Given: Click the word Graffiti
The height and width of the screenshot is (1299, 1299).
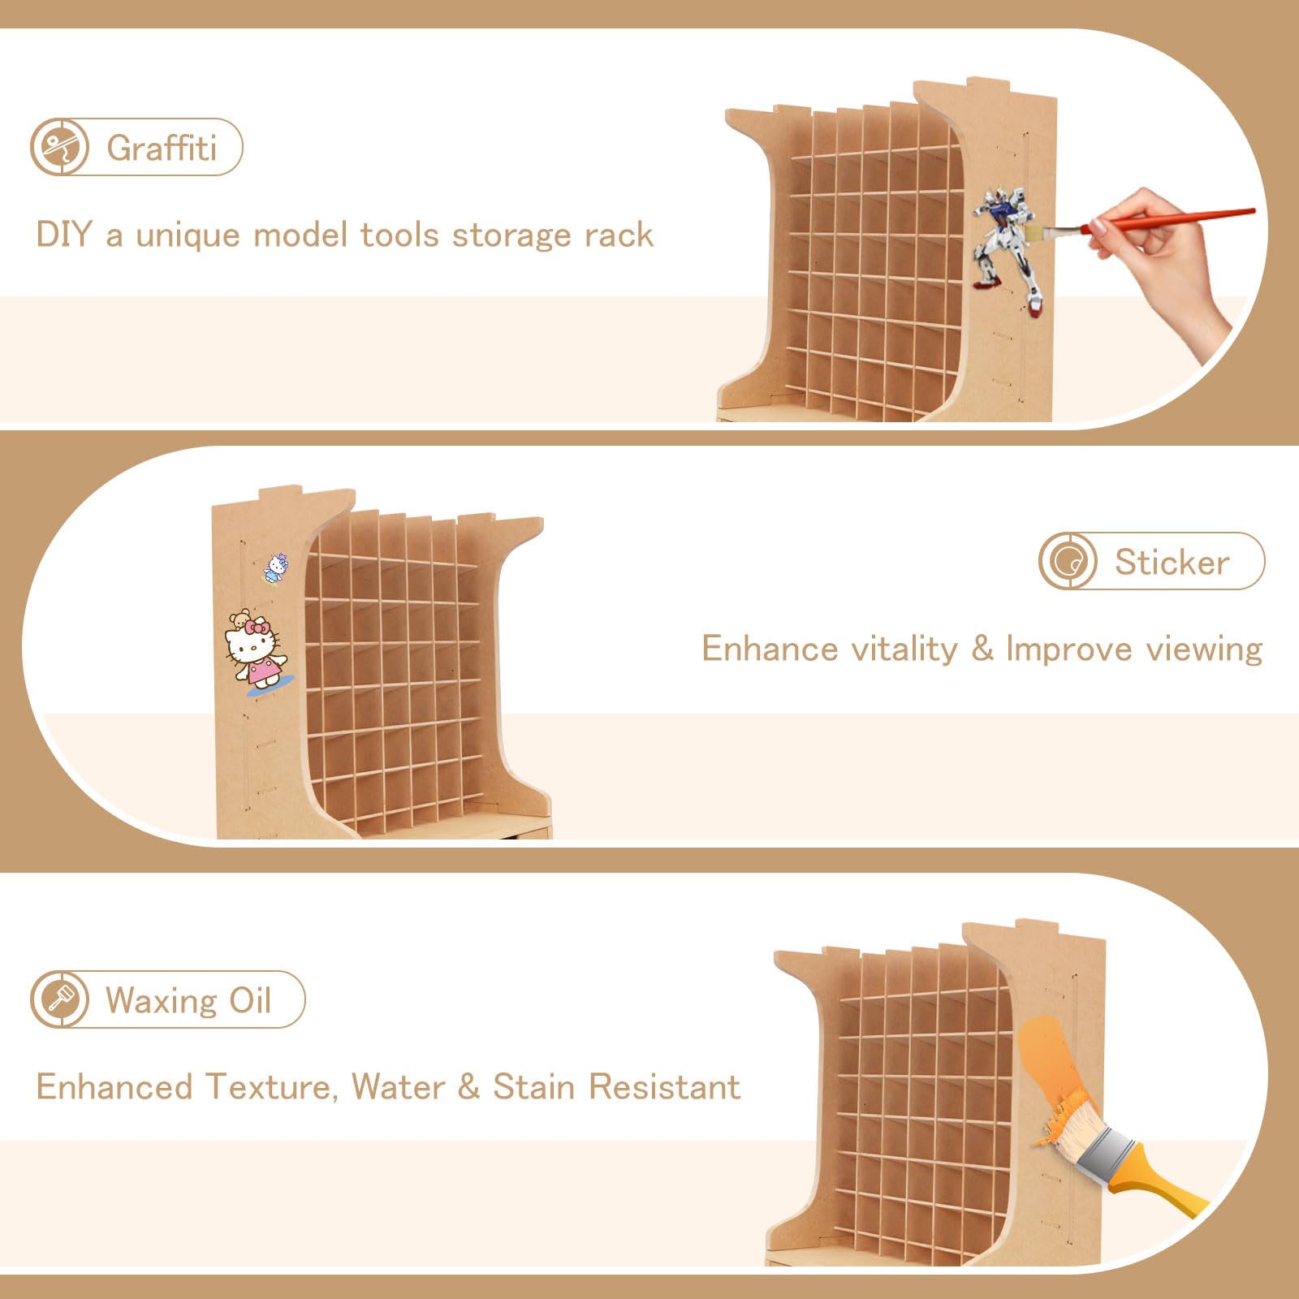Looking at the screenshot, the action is pos(162,148).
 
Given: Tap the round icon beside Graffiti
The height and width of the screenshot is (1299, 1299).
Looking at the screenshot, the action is pos(59,147).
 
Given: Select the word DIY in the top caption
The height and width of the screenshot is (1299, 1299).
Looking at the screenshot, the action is pos(64,235).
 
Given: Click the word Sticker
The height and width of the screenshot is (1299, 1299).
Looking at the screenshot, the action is pos(1172,562).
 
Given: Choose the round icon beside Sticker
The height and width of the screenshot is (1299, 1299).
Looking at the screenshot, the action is pos(1068,561).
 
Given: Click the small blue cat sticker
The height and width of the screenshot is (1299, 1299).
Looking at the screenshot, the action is pos(276,568).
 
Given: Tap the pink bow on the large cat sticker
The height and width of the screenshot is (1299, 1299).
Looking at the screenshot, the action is pos(260,626).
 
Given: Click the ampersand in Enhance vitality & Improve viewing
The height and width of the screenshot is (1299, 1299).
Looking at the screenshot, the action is pos(982,649).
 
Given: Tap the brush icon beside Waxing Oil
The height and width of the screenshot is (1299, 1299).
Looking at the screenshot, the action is pos(59,999).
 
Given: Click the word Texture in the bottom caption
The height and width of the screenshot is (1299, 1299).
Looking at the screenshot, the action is pos(270,1087).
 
